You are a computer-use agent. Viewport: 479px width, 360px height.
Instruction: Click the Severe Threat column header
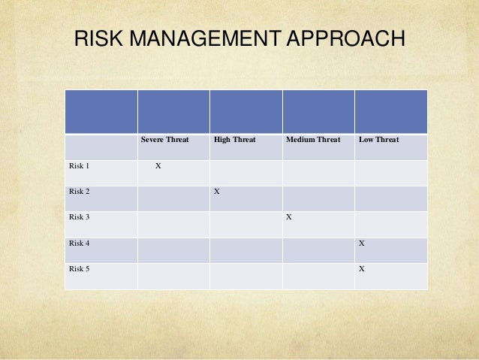165,140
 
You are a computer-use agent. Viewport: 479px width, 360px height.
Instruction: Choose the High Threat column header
234,140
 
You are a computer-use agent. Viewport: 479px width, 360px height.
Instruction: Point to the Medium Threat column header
313,140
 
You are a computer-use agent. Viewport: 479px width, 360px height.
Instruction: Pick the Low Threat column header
379,140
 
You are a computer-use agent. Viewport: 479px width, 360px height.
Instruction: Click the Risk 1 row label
79,166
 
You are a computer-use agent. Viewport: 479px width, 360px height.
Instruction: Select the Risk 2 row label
79,192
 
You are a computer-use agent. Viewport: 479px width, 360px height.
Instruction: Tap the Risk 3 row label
79,217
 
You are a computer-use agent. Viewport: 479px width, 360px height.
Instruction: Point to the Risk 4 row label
79,244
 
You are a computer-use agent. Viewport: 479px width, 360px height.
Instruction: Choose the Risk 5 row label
79,269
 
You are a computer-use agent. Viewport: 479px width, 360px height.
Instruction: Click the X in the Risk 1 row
158,166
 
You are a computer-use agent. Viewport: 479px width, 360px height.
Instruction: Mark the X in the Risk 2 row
217,192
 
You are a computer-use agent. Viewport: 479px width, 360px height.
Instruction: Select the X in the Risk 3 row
289,217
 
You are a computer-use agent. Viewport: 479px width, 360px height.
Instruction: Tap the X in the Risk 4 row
362,244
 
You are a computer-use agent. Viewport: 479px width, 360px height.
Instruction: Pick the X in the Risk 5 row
362,269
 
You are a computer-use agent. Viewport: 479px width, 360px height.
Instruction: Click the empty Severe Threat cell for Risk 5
173,276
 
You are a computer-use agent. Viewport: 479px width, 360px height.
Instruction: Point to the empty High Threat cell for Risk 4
246,250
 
